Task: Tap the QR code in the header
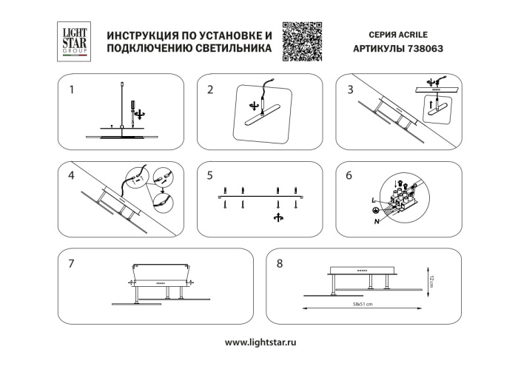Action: pyautogui.click(x=303, y=41)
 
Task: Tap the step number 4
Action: pyautogui.click(x=72, y=176)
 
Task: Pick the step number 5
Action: pyautogui.click(x=211, y=176)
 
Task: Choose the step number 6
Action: pyautogui.click(x=350, y=176)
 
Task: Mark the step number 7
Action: pyautogui.click(x=72, y=263)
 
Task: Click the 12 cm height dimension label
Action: pyautogui.click(x=430, y=280)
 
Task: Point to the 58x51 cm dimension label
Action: pyautogui.click(x=362, y=304)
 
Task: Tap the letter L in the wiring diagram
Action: pyautogui.click(x=374, y=200)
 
